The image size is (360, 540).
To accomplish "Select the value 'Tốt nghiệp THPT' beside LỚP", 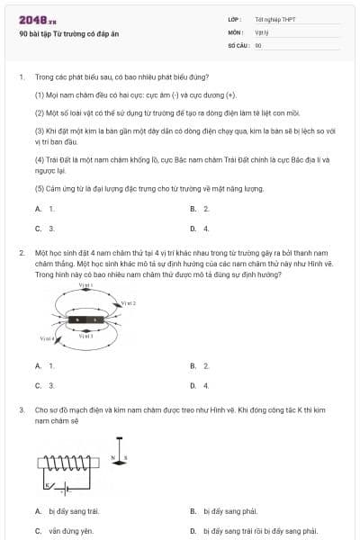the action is coord(276,19).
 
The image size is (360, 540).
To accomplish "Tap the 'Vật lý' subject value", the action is coord(262,31).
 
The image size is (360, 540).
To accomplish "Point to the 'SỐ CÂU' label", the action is coord(238,44).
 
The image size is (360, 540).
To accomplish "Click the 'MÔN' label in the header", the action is coord(236,31).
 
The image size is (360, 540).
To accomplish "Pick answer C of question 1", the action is coord(45,229).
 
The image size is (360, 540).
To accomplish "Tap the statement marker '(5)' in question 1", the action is coord(40,189).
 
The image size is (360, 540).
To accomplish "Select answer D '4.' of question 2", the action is coord(200,385).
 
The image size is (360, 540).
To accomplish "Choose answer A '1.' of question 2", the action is coord(45,366).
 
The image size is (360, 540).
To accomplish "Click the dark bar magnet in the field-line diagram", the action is coord(89,319).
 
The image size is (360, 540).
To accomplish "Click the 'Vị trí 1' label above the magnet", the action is coord(86,285).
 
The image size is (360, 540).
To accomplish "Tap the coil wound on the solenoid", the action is coord(67,465).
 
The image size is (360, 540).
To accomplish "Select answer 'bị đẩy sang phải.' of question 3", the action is coord(225,511).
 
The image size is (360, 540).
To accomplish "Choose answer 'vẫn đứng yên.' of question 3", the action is coord(72,531).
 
